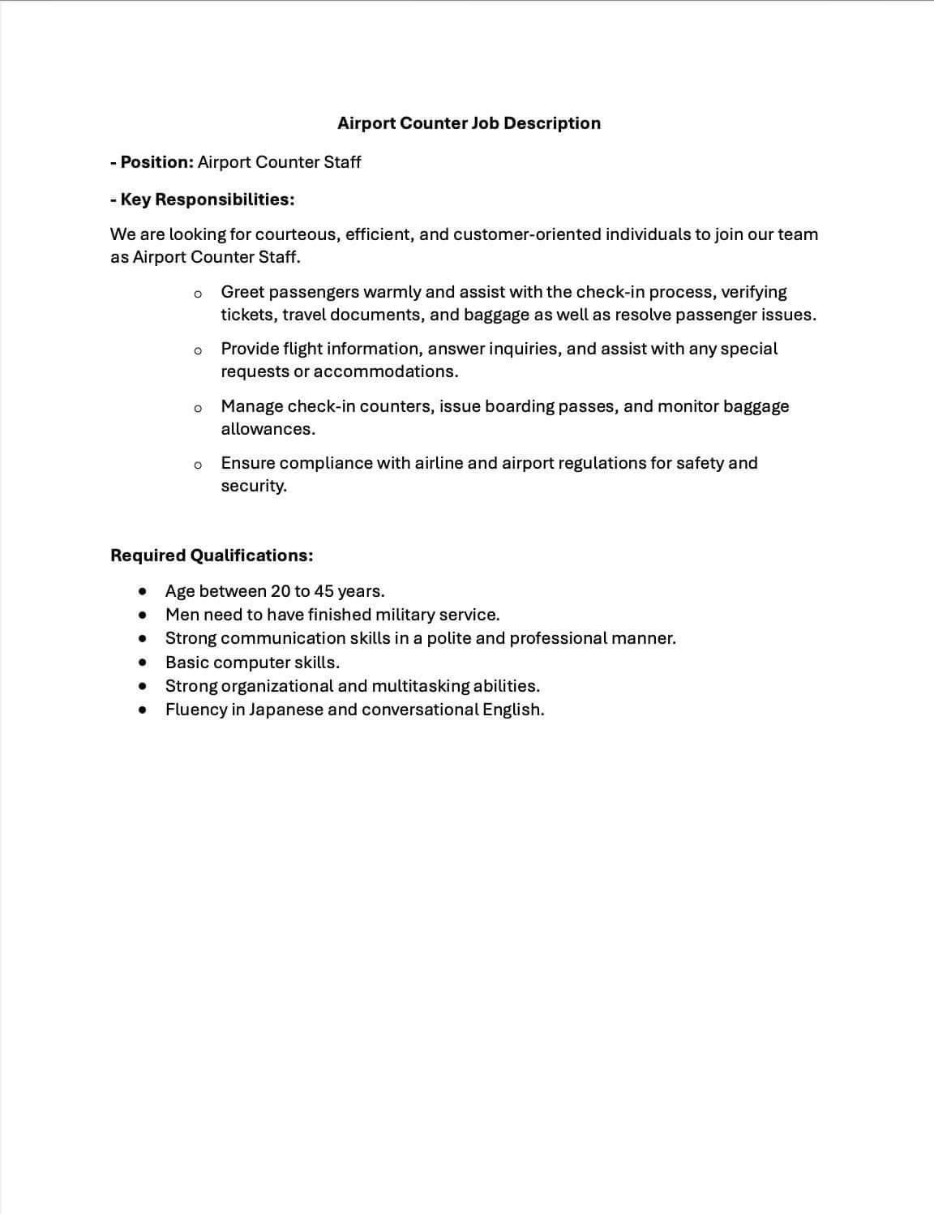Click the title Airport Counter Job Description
pyautogui.click(x=469, y=123)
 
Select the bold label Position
pyautogui.click(x=156, y=162)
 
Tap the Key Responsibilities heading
pyautogui.click(x=207, y=199)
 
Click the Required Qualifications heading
pyautogui.click(x=212, y=556)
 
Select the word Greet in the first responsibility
pyautogui.click(x=242, y=292)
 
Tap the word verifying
pyautogui.click(x=753, y=292)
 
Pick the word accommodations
pyautogui.click(x=385, y=371)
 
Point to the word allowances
pyautogui.click(x=268, y=429)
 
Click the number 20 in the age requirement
pyautogui.click(x=281, y=590)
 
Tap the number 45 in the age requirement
pyautogui.click(x=323, y=590)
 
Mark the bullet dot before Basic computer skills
pyautogui.click(x=144, y=663)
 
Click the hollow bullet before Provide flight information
pyautogui.click(x=197, y=350)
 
